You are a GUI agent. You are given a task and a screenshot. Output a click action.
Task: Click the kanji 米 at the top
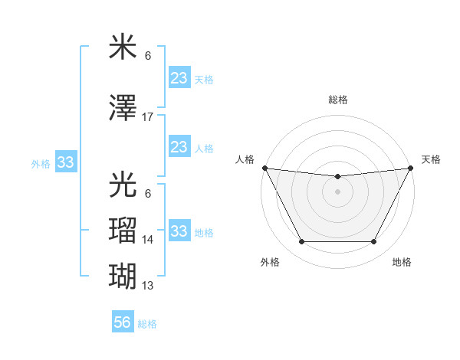tap(123, 47)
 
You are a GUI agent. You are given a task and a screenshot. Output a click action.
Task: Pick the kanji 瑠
tap(123, 231)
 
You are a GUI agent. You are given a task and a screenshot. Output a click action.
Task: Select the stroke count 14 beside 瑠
tap(148, 240)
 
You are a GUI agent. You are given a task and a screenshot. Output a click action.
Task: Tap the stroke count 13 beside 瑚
tap(148, 286)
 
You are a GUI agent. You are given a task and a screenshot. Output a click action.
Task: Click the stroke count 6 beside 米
tap(148, 56)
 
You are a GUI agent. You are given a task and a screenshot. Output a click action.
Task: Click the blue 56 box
tap(123, 322)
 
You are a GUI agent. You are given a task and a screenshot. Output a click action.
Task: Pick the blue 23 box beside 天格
tap(179, 78)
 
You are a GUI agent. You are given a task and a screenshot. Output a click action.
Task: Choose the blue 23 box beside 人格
tap(179, 147)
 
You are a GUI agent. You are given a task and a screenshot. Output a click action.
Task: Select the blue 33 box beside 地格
tap(179, 231)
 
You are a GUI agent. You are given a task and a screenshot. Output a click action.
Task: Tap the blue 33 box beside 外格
tap(65, 162)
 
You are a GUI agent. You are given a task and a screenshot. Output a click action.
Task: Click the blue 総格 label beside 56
tap(147, 324)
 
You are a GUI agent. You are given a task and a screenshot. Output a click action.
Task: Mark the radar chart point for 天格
tap(412, 169)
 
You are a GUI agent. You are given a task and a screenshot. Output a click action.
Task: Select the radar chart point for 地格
tap(373, 242)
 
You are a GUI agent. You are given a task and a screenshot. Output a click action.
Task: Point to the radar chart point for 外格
tap(301, 242)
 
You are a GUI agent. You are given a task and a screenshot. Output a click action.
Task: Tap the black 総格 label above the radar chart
tap(337, 100)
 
